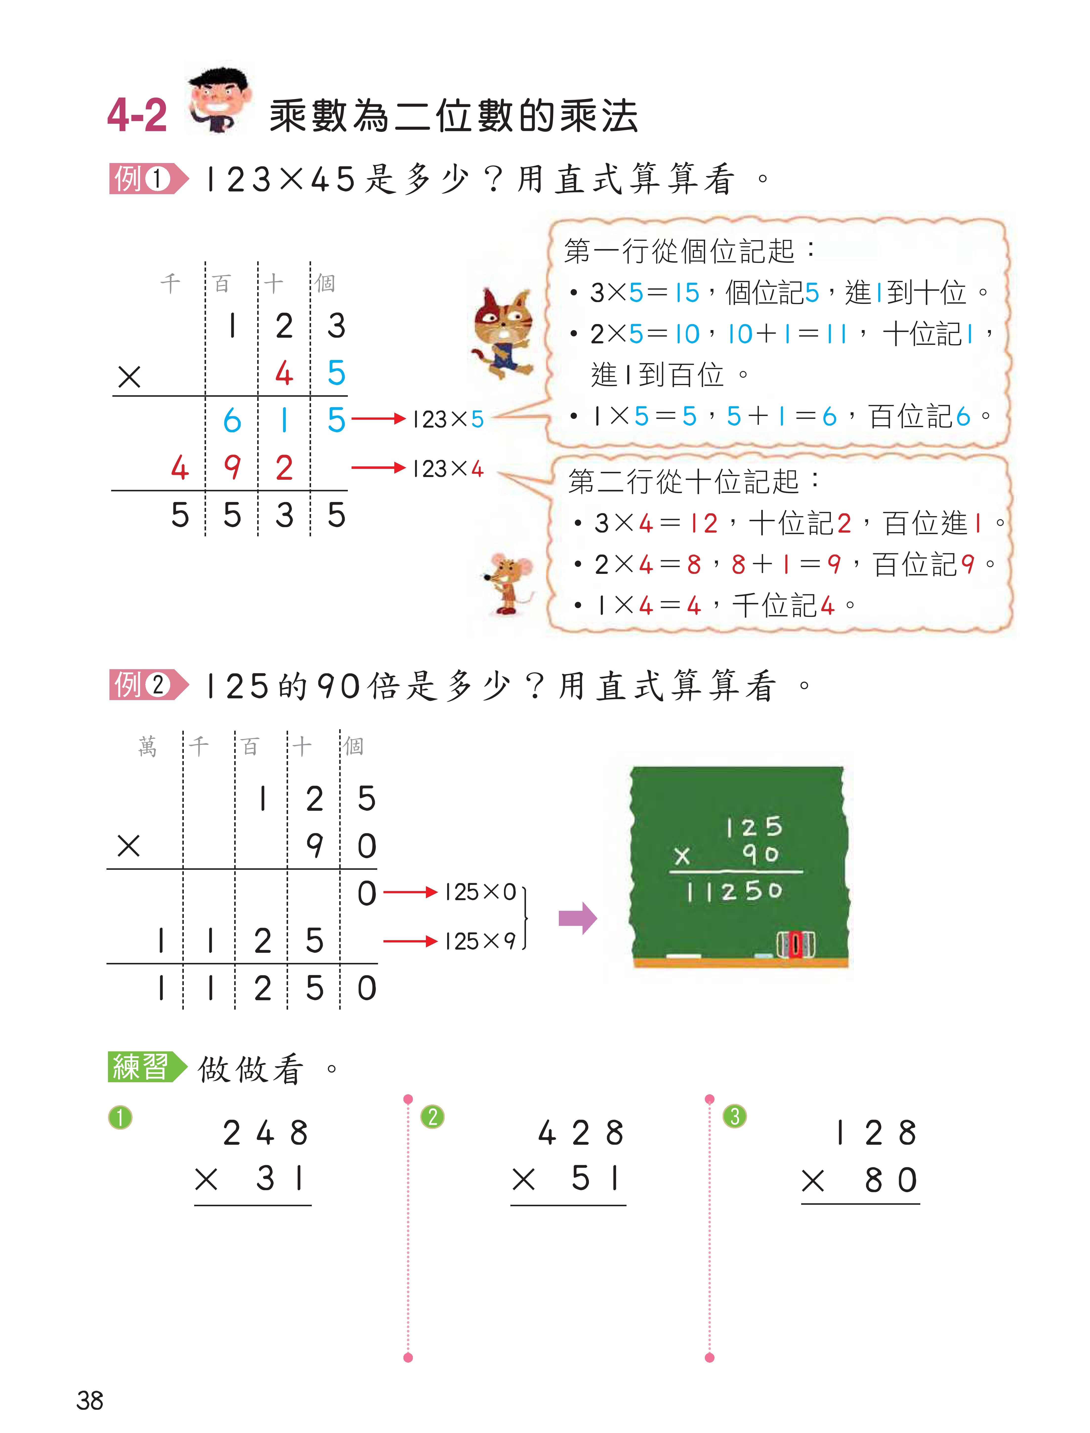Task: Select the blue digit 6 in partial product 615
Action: click(x=232, y=420)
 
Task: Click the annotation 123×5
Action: click(x=448, y=420)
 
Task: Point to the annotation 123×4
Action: click(x=448, y=468)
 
